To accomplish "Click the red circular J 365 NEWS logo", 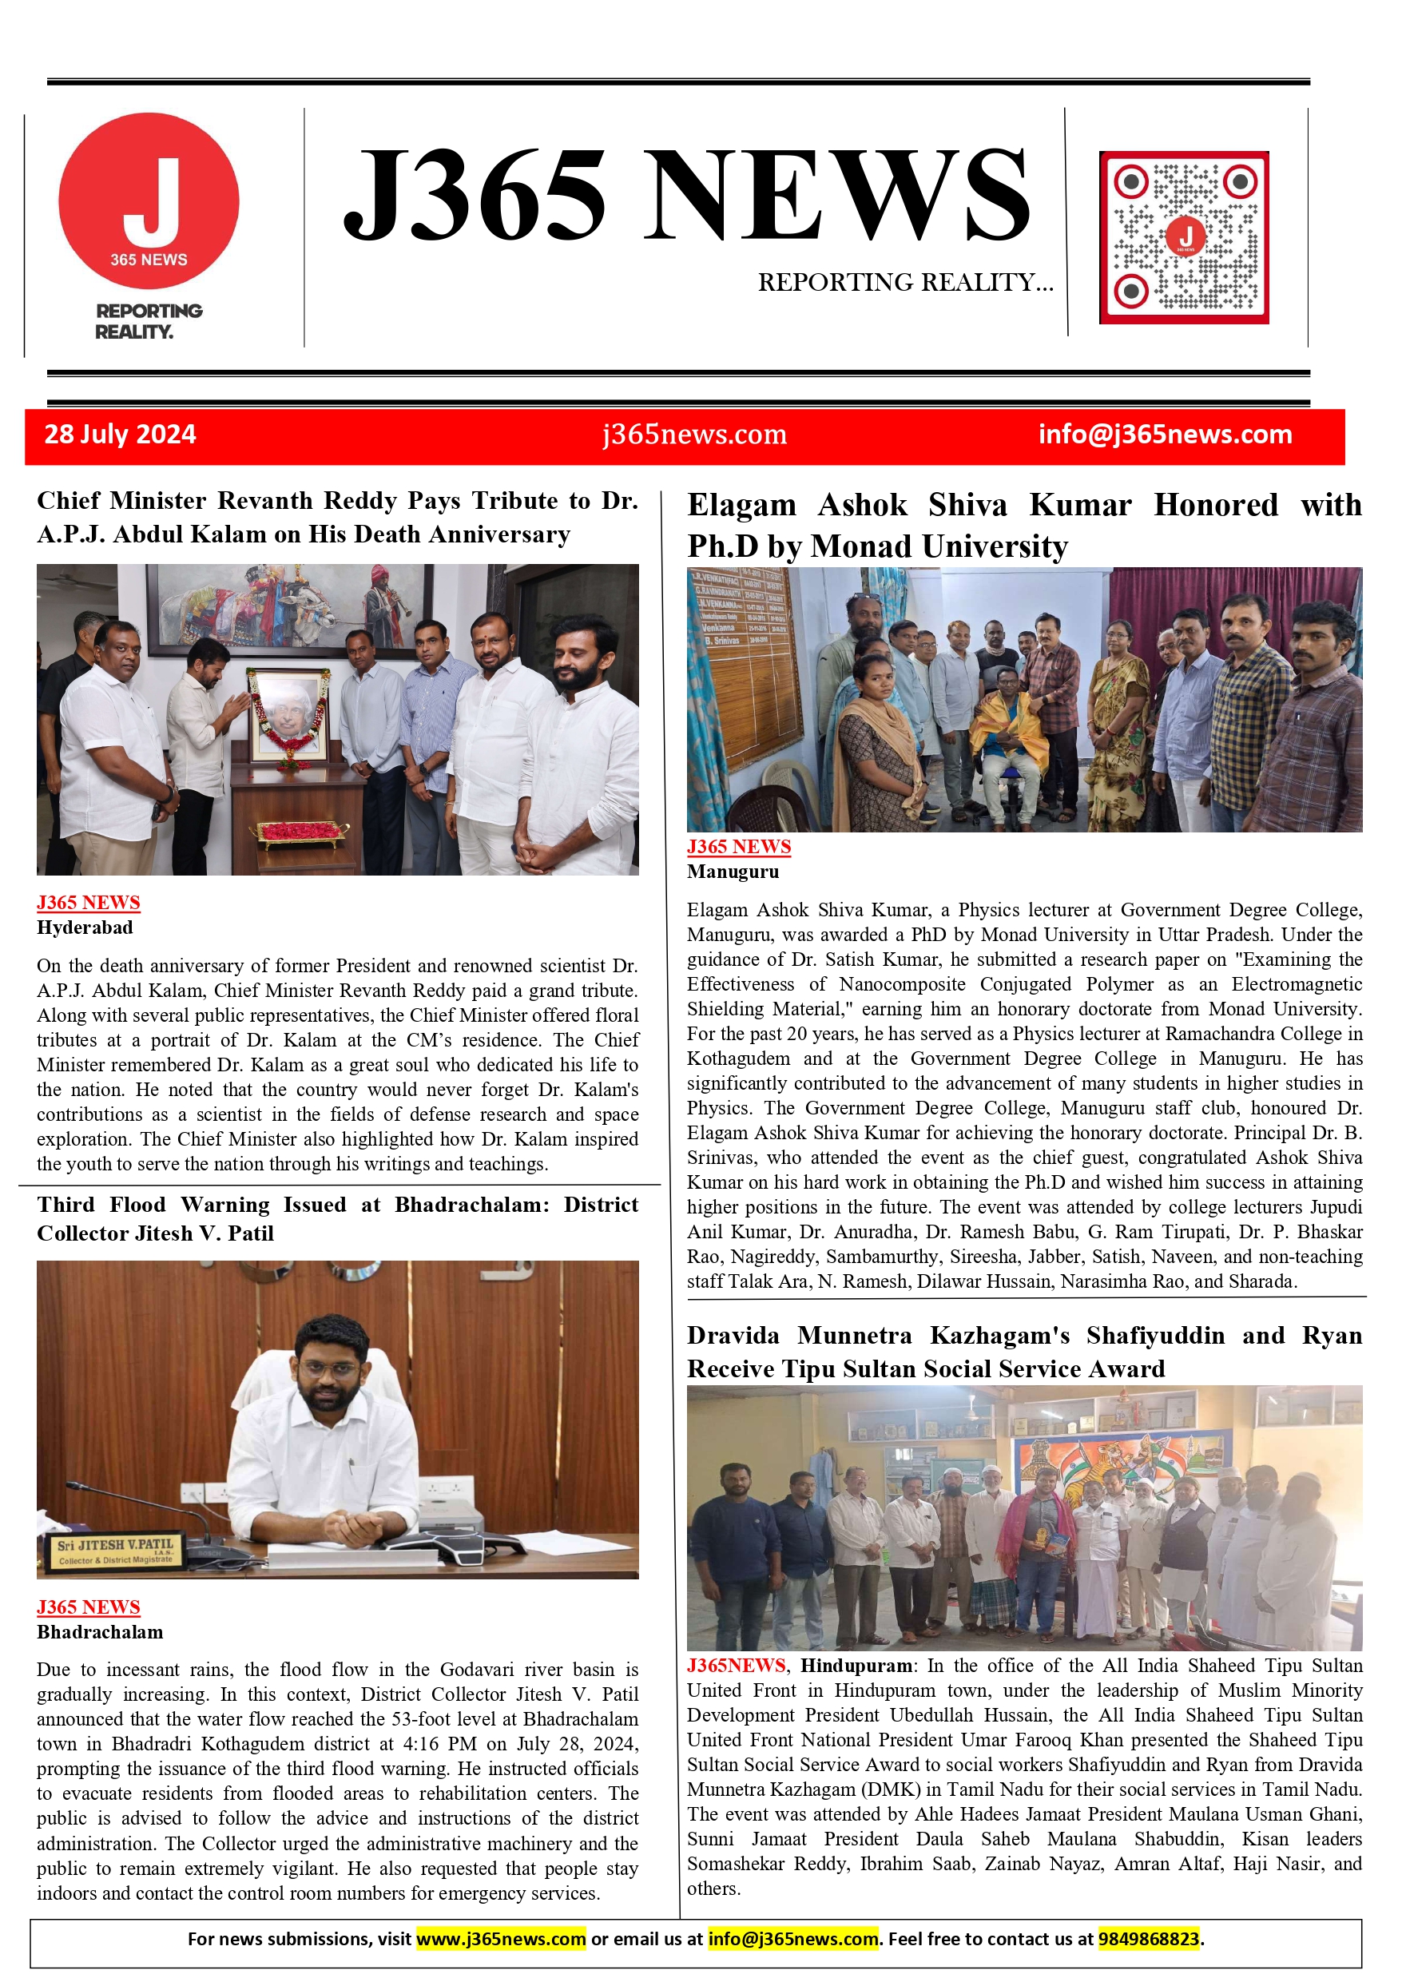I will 149,201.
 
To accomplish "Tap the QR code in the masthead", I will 1184,237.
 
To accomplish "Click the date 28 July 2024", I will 120,435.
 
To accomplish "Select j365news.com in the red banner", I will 694,435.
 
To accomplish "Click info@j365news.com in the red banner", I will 1165,435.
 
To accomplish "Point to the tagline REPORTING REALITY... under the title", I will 905,282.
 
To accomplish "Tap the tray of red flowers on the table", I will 299,832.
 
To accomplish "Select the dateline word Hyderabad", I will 85,928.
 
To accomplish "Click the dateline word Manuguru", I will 733,872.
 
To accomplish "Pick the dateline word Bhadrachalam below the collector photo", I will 99,1632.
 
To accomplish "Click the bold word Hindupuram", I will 856,1666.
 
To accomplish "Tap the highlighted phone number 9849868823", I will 1148,1939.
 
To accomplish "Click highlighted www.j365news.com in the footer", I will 501,1939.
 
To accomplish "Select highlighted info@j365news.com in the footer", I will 792,1939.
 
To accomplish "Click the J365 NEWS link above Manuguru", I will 738,847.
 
